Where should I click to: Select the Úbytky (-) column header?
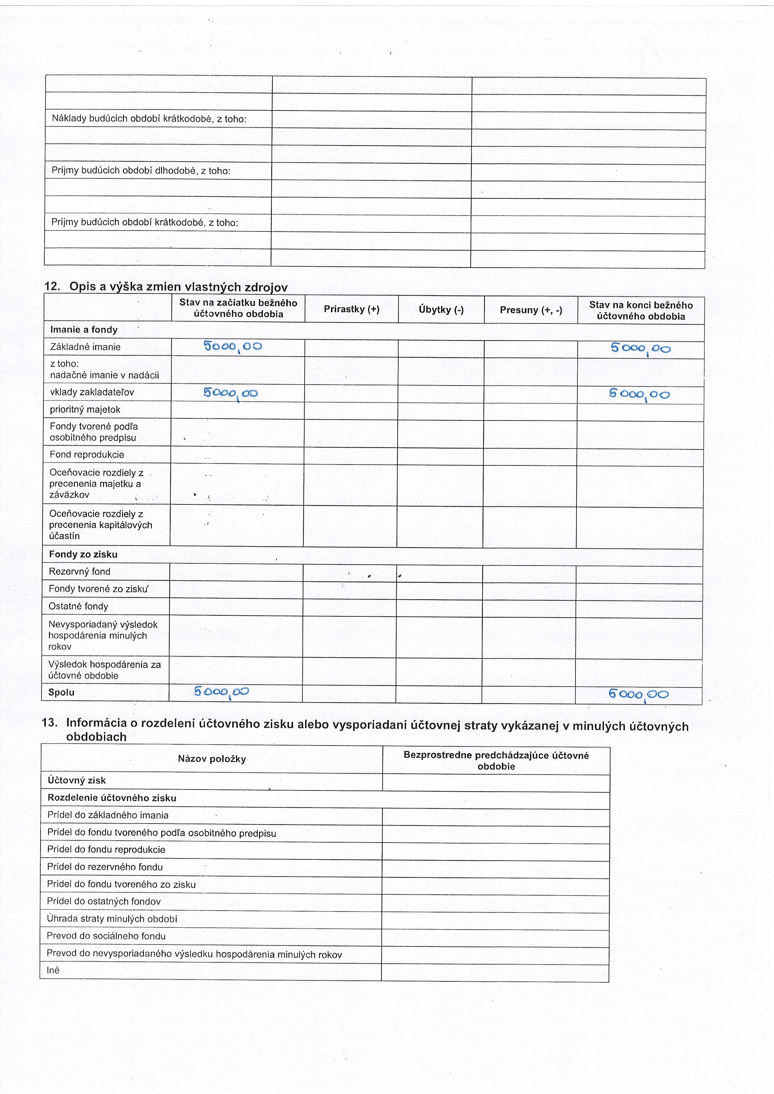[441, 310]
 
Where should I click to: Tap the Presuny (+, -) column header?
[531, 310]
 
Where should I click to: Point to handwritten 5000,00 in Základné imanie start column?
[233, 346]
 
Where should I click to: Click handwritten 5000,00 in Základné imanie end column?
[640, 349]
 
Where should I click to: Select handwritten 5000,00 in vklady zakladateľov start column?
[231, 393]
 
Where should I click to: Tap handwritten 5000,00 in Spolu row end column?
[638, 694]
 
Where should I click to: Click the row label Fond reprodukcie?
[87, 455]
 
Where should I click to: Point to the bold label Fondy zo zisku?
[83, 554]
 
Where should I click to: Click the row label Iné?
[53, 970]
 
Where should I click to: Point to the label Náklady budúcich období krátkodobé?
[149, 119]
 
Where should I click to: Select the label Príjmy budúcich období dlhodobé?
[140, 171]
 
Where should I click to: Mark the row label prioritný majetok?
[85, 409]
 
